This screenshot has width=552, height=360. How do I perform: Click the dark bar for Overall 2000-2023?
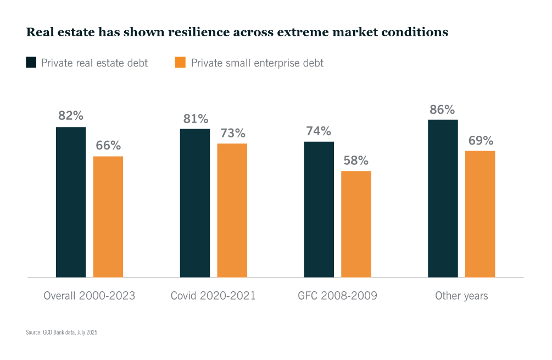(x=71, y=202)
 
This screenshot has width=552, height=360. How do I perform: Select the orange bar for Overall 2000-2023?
(x=108, y=217)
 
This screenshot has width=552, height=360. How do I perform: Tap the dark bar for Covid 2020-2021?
(x=195, y=203)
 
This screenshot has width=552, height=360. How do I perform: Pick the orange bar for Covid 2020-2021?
(x=232, y=210)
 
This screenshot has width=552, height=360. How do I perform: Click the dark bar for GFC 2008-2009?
(x=319, y=209)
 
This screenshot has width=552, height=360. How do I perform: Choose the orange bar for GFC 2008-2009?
(x=356, y=224)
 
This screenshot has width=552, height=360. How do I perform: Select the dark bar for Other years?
(x=443, y=198)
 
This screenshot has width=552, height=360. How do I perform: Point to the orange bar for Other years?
(x=480, y=214)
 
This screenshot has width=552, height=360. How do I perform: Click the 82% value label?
(x=71, y=116)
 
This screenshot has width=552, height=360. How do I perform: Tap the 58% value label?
(x=356, y=160)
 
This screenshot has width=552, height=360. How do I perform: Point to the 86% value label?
(x=443, y=109)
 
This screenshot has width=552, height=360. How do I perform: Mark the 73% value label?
(x=232, y=133)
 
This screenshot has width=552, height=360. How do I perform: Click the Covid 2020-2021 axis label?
(x=213, y=296)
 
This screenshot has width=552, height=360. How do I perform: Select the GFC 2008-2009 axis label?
(x=337, y=296)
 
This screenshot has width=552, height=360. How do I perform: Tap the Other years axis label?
(x=461, y=296)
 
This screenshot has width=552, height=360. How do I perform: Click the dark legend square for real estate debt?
(x=31, y=63)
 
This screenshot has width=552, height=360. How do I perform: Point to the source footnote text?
(x=62, y=333)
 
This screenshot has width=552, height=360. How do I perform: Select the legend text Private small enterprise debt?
(x=257, y=63)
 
